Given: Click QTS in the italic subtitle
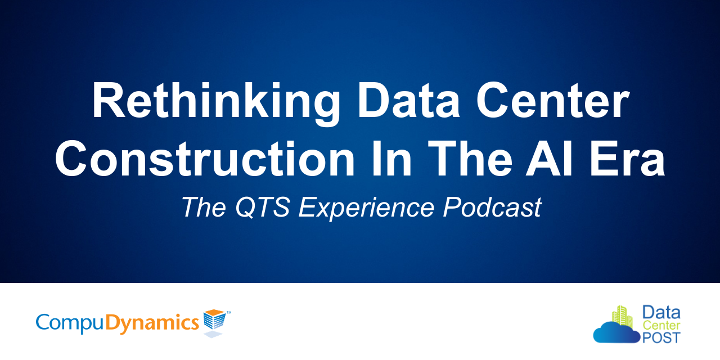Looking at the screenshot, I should [263, 208].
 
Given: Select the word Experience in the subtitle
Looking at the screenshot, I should [366, 209].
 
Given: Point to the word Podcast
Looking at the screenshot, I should [492, 208].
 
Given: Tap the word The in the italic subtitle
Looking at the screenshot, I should [203, 208].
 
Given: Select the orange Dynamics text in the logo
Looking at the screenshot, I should [152, 322].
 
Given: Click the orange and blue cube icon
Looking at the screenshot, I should [214, 321].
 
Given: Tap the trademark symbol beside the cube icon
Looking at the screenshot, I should [228, 311].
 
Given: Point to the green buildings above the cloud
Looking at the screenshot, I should [622, 316].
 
